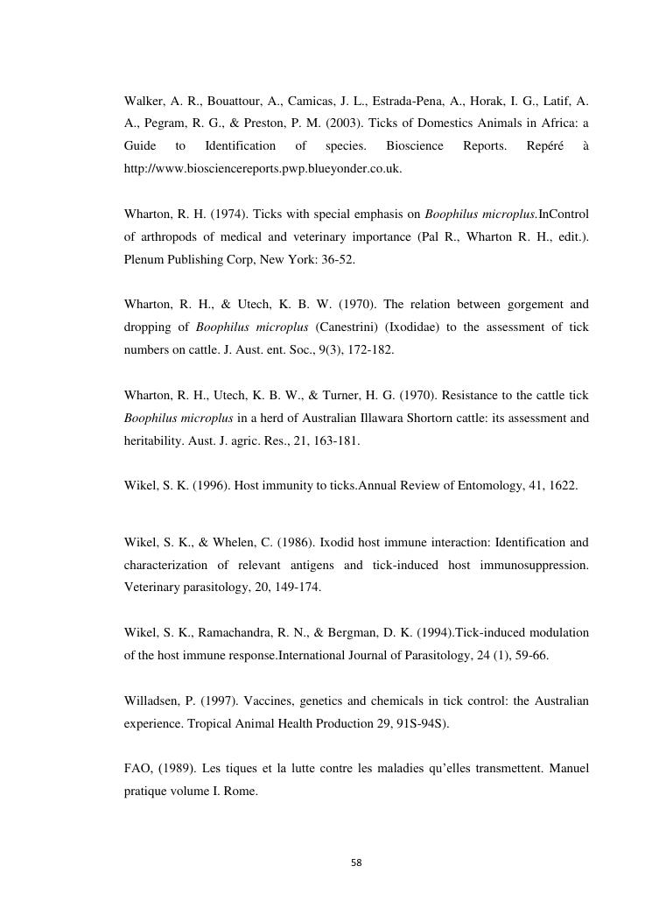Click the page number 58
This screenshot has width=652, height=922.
pyautogui.click(x=355, y=862)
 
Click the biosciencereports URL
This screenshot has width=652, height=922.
pyautogui.click(x=263, y=168)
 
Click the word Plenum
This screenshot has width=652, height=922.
pyautogui.click(x=144, y=259)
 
